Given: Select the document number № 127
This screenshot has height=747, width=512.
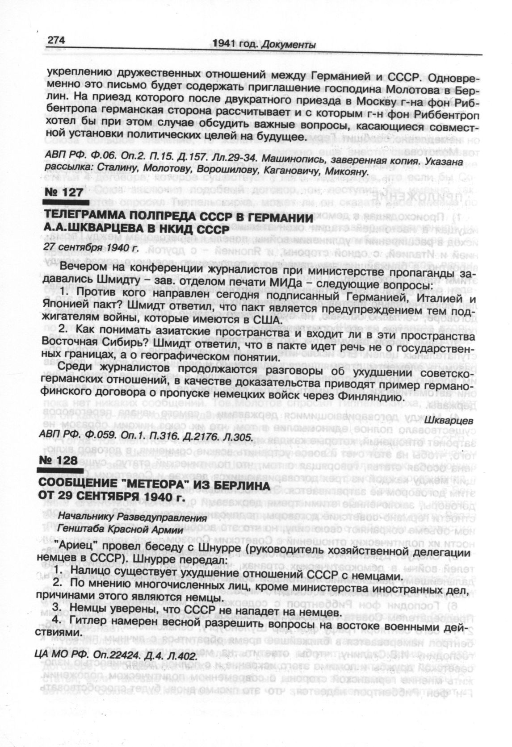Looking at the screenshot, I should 64,192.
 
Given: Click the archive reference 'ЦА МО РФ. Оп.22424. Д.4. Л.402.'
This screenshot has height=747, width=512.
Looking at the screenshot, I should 115,655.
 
